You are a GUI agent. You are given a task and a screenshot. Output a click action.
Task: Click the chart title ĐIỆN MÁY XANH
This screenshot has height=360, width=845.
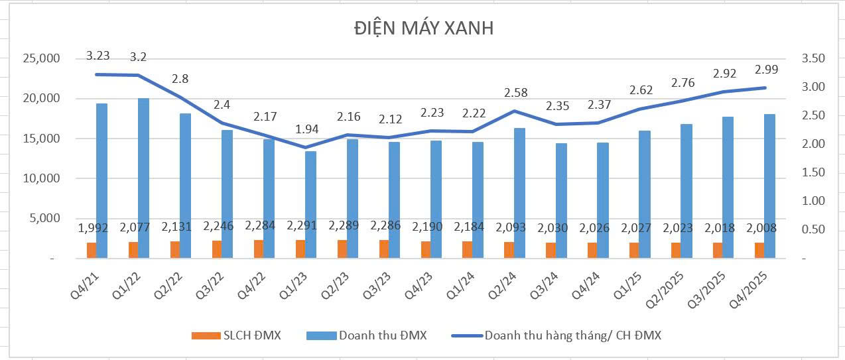coord(423,29)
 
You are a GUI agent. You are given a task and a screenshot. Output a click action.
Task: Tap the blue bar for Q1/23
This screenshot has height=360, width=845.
coord(310,205)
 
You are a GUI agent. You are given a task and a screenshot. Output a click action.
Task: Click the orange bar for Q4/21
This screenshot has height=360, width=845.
coord(92,251)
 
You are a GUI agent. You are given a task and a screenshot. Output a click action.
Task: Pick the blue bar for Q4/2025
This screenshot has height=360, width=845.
coord(770,186)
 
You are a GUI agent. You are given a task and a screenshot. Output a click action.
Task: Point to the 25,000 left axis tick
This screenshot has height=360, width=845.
coord(42,59)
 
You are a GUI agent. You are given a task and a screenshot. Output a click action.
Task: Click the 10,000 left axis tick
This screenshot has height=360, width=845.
coord(42,179)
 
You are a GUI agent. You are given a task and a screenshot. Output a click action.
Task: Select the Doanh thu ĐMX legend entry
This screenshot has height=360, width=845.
coord(367,335)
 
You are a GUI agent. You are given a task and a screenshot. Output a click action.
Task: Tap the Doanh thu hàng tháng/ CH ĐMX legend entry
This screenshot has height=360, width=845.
coord(557,335)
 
